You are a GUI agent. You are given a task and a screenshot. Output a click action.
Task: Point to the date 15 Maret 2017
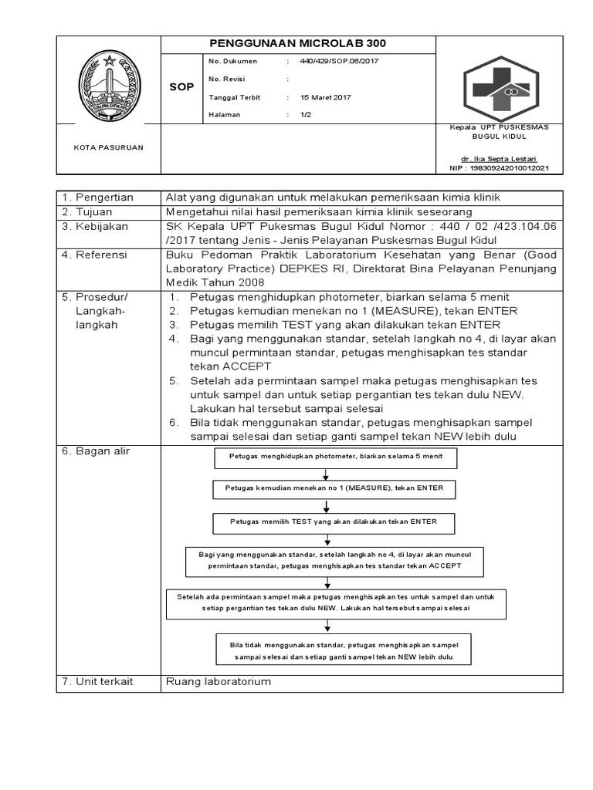click(x=326, y=97)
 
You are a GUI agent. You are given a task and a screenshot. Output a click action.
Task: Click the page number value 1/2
click(x=306, y=115)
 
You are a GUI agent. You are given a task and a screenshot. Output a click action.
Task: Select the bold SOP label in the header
click(x=181, y=87)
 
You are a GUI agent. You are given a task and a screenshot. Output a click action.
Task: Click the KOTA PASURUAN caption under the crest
click(x=108, y=147)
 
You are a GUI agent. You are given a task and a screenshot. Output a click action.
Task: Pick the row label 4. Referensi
click(x=97, y=254)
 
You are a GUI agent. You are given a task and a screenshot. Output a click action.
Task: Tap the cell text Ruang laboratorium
click(x=219, y=682)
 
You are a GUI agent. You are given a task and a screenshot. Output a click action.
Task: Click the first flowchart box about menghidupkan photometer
click(x=334, y=457)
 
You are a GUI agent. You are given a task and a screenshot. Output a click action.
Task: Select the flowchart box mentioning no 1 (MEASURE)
click(x=334, y=489)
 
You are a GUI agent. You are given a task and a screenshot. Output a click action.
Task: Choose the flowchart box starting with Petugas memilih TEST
click(x=334, y=522)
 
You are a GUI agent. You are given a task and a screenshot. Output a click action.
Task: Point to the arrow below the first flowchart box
click(x=327, y=474)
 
